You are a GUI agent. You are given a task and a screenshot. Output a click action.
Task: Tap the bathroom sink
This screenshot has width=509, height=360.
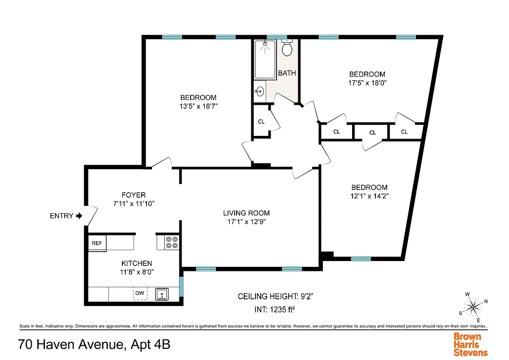(x=259, y=92)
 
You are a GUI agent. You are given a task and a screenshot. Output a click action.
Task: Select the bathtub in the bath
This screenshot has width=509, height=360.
(x=265, y=59)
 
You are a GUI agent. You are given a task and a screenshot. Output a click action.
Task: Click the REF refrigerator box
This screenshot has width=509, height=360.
(x=97, y=243)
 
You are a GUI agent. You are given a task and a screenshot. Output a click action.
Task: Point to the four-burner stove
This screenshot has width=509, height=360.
(x=172, y=243)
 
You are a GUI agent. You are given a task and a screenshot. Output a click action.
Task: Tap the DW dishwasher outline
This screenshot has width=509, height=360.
(x=140, y=293)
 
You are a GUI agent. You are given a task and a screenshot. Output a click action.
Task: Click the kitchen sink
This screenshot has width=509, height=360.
(x=162, y=294)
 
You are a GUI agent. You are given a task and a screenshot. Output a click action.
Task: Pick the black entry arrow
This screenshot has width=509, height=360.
(x=80, y=216)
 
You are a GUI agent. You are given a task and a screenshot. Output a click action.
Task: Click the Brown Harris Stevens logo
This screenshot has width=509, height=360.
(x=470, y=344)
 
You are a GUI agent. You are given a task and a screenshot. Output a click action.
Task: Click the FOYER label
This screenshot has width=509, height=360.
(x=134, y=195)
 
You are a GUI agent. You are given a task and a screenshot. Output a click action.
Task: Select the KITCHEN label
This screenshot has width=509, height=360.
(x=137, y=263)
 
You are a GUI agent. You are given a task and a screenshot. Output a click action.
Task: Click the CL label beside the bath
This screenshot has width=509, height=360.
(x=261, y=121)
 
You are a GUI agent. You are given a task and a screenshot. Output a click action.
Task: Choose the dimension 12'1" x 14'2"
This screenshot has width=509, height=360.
(x=369, y=196)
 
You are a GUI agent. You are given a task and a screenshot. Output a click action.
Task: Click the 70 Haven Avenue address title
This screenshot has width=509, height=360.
(x=94, y=345)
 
